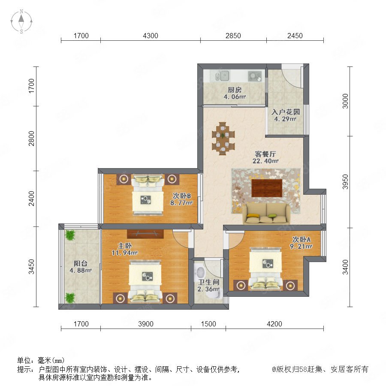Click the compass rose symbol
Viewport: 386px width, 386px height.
(x=21, y=21)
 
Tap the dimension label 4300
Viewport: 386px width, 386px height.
(x=151, y=36)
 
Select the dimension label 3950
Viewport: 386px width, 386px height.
(x=345, y=182)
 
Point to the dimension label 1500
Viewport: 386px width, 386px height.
(x=208, y=324)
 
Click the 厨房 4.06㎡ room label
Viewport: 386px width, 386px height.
(x=235, y=93)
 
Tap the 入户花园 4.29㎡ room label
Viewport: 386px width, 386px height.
(x=286, y=115)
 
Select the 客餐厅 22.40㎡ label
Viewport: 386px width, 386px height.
(x=265, y=157)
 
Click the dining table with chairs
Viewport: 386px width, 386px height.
(x=223, y=139)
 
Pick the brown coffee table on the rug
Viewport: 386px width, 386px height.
(x=267, y=188)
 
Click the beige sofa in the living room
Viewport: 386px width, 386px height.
(x=267, y=214)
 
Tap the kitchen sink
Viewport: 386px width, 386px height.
(x=222, y=76)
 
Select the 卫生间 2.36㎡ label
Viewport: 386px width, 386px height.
(x=208, y=286)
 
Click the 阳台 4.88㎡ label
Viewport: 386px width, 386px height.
(x=81, y=267)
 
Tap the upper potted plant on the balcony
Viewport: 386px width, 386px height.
(x=70, y=235)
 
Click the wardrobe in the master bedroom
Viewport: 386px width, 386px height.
(x=145, y=234)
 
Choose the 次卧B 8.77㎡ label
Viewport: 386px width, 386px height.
(x=181, y=199)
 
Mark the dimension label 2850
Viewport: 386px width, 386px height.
(x=233, y=36)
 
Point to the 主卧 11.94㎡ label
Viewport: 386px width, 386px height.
(x=124, y=249)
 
